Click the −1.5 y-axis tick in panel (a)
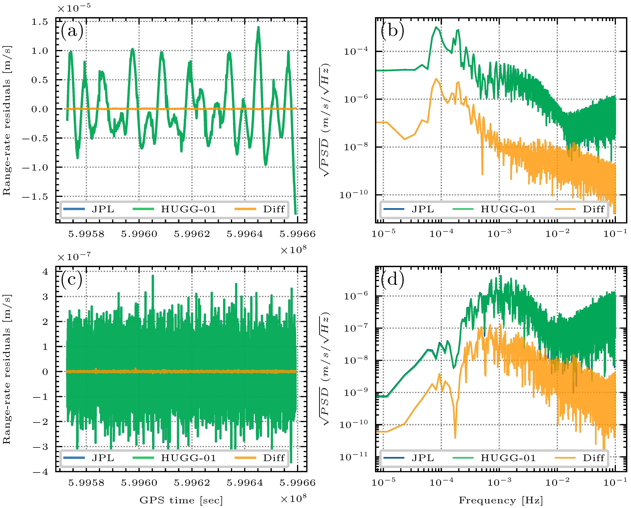tap(35, 196)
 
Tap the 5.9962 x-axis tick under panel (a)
tap(192, 234)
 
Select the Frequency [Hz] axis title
tap(501, 500)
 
